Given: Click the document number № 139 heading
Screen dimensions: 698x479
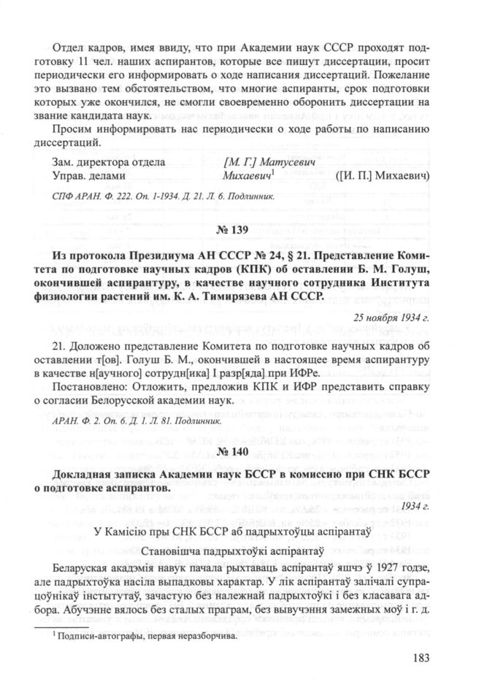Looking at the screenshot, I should (x=238, y=231).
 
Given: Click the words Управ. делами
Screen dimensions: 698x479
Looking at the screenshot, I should (x=91, y=176).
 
